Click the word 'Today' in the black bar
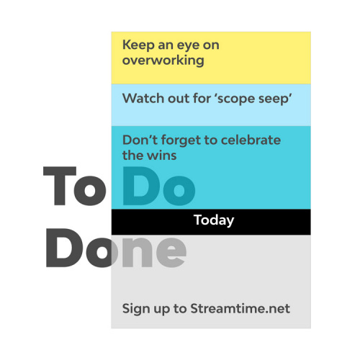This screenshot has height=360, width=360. point(214,220)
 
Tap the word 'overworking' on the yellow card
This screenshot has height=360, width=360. point(163,60)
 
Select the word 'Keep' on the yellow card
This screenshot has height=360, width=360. point(138,45)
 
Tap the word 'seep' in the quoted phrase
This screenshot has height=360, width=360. point(271,99)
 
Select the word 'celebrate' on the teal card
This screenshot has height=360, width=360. point(251,140)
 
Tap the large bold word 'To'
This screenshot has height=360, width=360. point(75,186)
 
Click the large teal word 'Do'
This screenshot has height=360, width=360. point(159,186)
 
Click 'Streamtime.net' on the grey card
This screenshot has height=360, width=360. point(240,308)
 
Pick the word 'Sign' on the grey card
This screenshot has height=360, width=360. point(136,309)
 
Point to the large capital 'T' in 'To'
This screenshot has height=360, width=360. point(60,186)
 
